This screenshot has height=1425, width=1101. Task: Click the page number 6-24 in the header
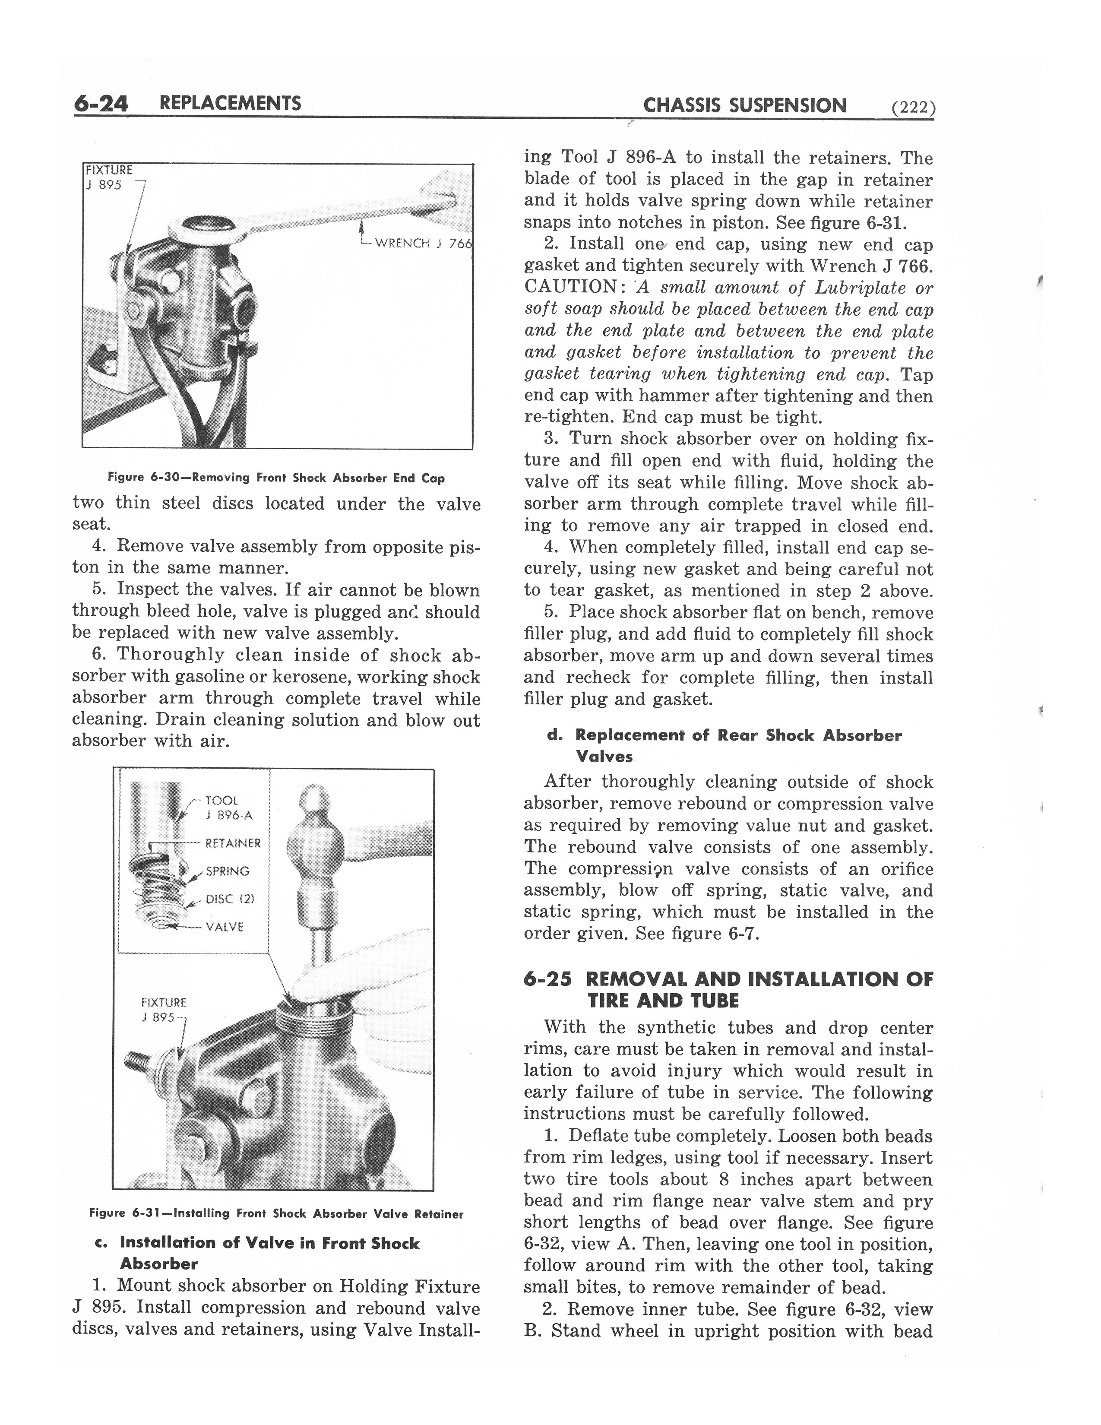pos(101,104)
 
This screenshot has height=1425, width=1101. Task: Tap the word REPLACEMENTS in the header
pos(230,103)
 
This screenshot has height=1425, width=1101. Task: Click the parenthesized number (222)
pos(913,108)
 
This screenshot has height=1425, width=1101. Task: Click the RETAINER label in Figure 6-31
pos(232,843)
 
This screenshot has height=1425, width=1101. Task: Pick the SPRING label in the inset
pos(228,871)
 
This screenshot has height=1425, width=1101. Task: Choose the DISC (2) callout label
pos(230,899)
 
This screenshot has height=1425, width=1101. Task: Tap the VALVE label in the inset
pos(225,927)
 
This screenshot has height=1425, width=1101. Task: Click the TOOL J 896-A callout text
pos(228,808)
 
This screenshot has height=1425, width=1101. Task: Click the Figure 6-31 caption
pos(276,1213)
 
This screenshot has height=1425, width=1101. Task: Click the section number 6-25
pos(548,979)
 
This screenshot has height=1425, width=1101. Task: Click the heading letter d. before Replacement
pos(555,735)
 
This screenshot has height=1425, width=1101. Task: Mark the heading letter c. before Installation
pos(101,1243)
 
